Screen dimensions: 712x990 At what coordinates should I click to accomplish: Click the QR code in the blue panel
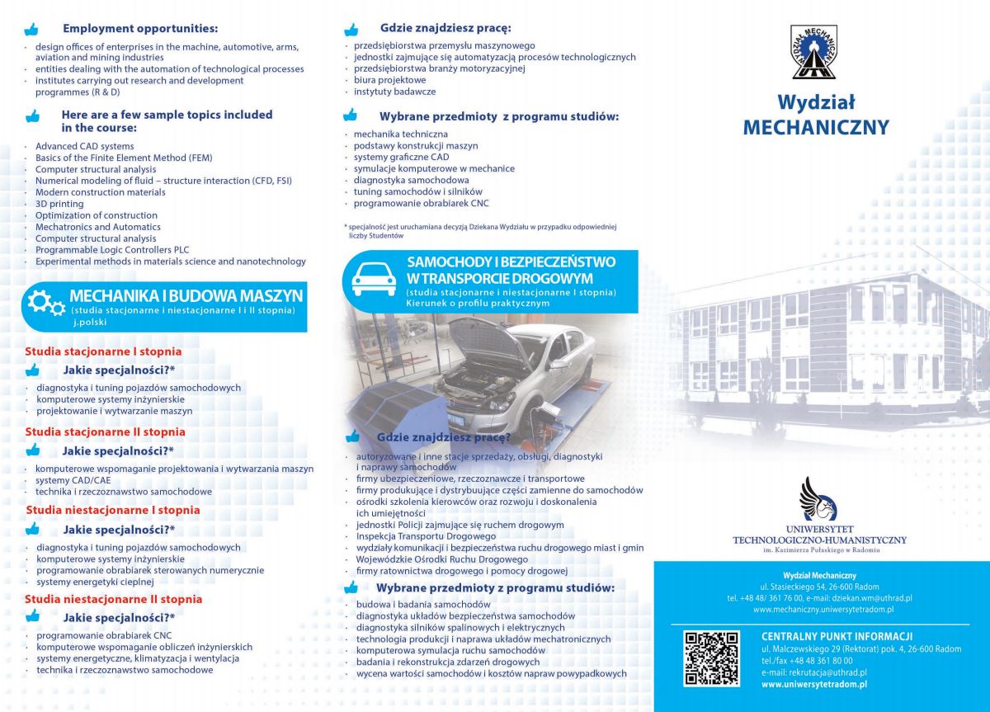(x=710, y=658)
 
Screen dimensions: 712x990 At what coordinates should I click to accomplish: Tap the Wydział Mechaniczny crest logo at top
(x=813, y=52)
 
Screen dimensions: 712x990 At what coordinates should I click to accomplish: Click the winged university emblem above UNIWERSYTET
(x=818, y=498)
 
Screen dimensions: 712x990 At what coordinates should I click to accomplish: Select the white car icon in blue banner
(x=374, y=278)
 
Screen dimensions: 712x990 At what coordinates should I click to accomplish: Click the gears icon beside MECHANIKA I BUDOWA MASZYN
(x=45, y=303)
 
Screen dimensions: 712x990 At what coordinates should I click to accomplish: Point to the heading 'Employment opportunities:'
(x=140, y=28)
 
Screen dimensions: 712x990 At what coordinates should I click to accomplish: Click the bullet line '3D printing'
(x=59, y=204)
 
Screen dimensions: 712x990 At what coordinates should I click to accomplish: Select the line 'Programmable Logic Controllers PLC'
(x=112, y=250)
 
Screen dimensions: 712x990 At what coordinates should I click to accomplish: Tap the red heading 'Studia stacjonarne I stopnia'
(x=103, y=351)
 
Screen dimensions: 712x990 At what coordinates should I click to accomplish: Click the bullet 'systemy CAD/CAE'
(x=73, y=480)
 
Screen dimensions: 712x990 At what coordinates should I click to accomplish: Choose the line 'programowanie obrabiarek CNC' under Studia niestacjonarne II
(x=104, y=635)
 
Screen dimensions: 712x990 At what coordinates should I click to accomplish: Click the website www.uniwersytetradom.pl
(x=813, y=684)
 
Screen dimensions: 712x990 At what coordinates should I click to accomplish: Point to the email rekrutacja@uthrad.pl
(x=813, y=672)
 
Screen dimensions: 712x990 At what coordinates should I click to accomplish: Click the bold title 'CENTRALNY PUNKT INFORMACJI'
(x=837, y=636)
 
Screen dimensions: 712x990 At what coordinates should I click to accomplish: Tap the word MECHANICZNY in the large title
(x=815, y=128)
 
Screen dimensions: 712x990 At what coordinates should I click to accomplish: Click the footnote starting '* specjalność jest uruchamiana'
(x=480, y=230)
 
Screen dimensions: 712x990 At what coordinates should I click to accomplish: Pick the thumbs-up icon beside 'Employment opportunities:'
(x=32, y=29)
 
